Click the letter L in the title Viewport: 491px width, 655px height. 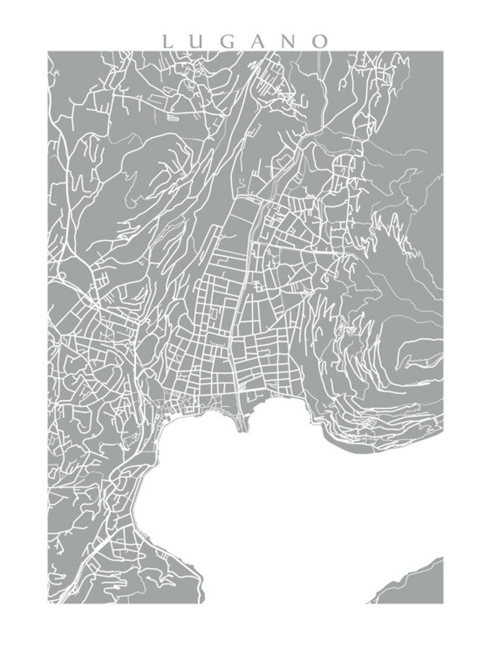tap(166, 41)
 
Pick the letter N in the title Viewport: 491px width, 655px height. tap(288, 41)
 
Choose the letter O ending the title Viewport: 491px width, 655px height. tap(320, 41)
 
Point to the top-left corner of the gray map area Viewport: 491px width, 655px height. tap(49, 53)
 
